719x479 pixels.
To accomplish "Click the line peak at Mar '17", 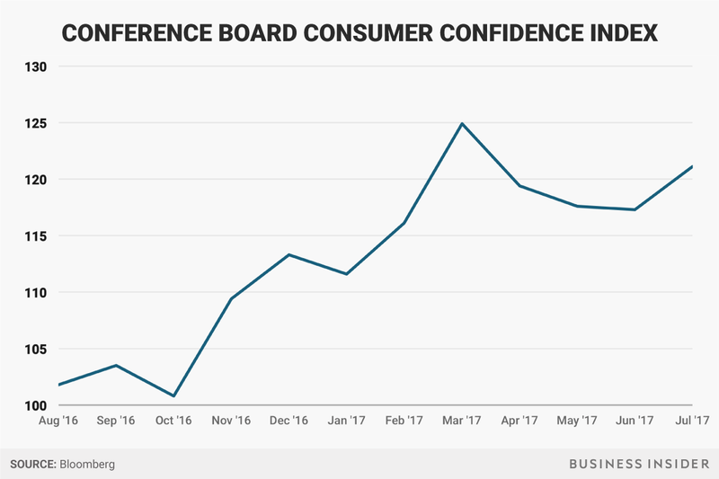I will (461, 123).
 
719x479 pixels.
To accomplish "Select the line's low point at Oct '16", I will (173, 395).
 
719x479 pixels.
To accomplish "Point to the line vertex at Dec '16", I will (288, 254).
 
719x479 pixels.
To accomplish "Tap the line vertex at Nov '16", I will (231, 298).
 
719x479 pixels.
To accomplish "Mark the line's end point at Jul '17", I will (692, 166).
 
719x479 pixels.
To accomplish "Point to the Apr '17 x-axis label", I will (518, 421).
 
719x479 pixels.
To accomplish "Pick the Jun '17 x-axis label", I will (633, 421).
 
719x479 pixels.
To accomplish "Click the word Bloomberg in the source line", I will (88, 465).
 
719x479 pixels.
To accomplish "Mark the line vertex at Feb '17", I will (404, 223).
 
